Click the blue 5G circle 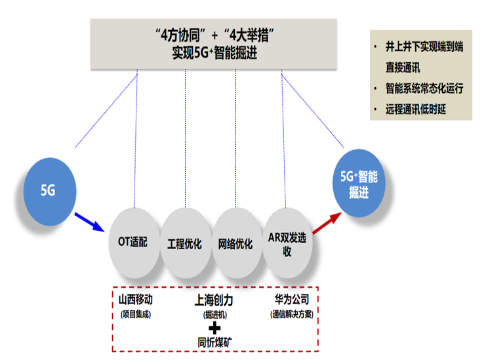click(50, 190)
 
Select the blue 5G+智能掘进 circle click(359, 183)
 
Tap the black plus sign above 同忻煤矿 click(214, 327)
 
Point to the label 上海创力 click(214, 300)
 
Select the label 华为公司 click(292, 300)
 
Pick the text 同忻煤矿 click(214, 342)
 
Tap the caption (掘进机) click(214, 314)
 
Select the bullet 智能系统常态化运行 click(424, 88)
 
